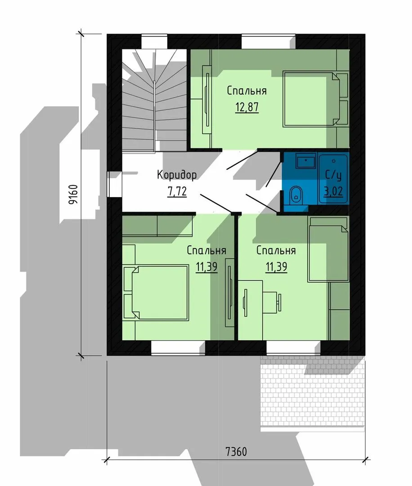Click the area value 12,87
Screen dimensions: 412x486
click(x=247, y=107)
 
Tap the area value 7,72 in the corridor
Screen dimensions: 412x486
click(x=177, y=192)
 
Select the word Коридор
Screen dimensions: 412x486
click(x=177, y=175)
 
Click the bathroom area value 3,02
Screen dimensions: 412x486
click(x=333, y=191)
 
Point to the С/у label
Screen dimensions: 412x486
click(x=333, y=175)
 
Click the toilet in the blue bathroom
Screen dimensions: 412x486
click(x=296, y=195)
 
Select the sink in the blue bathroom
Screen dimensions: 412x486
click(x=306, y=161)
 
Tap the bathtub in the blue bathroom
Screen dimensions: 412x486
click(x=334, y=178)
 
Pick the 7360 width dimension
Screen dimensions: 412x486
click(x=236, y=451)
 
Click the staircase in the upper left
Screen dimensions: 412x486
click(x=154, y=101)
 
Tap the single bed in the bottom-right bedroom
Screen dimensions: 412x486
click(x=328, y=249)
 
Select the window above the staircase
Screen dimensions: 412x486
click(x=154, y=42)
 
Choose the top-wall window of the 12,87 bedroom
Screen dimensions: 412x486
click(x=268, y=42)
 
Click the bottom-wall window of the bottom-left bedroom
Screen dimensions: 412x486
click(x=178, y=348)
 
